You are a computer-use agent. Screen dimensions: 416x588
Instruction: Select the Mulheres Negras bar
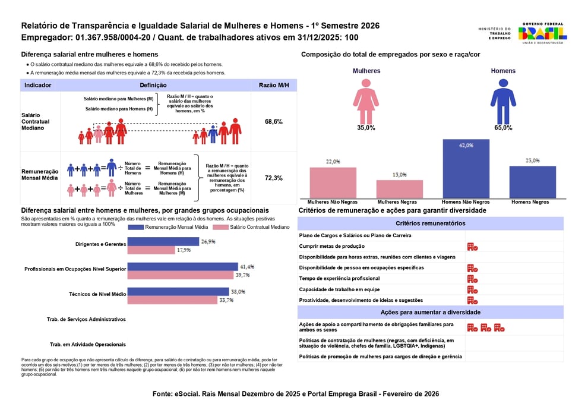click(x=399, y=188)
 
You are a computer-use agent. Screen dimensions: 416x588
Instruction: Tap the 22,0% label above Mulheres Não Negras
click(x=333, y=161)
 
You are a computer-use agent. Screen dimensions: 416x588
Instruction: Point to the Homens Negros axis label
click(x=530, y=202)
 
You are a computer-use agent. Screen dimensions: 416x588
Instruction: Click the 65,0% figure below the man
click(x=502, y=128)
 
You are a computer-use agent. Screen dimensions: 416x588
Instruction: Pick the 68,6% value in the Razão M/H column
click(x=273, y=121)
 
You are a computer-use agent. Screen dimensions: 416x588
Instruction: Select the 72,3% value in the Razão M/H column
click(x=273, y=178)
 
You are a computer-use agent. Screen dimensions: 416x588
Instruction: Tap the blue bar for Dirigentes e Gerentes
click(x=163, y=241)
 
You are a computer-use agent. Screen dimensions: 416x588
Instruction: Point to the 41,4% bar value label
click(x=247, y=267)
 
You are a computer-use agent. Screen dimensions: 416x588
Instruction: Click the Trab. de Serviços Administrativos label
click(x=86, y=319)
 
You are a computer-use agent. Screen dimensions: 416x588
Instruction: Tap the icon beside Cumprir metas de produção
click(x=472, y=247)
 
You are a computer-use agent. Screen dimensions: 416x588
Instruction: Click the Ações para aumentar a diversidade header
click(x=430, y=312)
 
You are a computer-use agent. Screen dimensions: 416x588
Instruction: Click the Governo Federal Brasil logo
click(x=542, y=33)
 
